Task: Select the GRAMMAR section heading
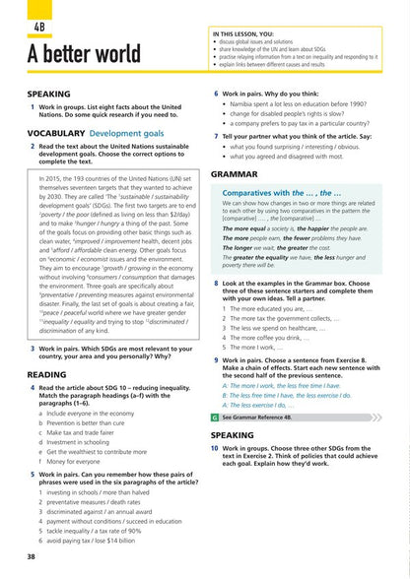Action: click(x=234, y=173)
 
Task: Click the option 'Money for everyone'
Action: click(x=69, y=461)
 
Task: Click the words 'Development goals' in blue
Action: click(x=132, y=130)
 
